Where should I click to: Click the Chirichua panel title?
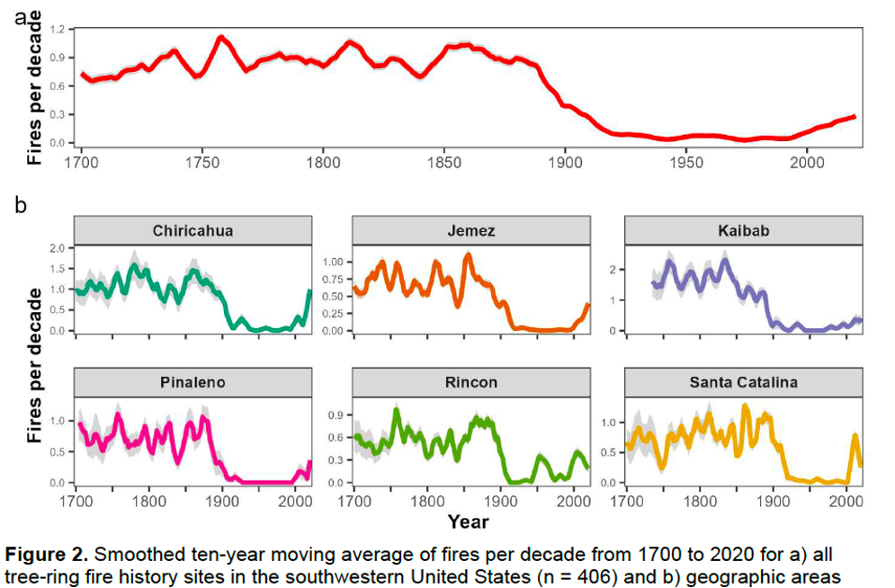click(192, 231)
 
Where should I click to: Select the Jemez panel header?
click(470, 231)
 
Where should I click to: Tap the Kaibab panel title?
click(743, 231)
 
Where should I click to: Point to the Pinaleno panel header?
click(192, 382)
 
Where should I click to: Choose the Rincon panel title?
click(470, 382)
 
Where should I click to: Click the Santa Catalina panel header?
click(743, 382)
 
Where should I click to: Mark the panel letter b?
click(20, 205)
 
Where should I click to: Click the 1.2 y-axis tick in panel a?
click(57, 30)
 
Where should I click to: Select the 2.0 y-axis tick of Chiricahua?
click(57, 247)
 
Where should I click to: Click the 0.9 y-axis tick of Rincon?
click(335, 414)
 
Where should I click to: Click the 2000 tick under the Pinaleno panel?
click(294, 501)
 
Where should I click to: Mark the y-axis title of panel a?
click(34, 90)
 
